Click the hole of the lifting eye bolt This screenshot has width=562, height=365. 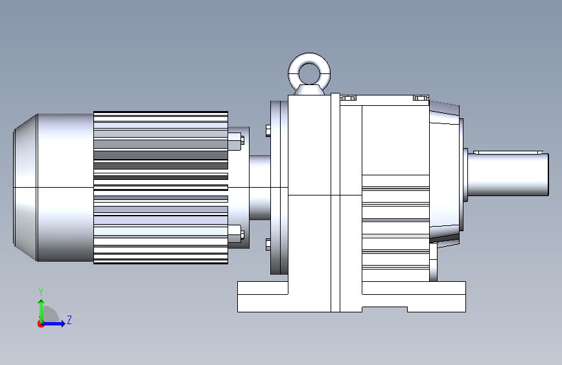309,74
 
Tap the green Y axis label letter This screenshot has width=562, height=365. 41,292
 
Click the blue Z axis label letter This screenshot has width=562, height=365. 69,320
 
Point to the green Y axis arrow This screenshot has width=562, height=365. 41,312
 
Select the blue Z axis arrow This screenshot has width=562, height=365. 53,323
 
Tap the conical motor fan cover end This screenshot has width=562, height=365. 25,188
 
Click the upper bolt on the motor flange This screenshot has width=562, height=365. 236,141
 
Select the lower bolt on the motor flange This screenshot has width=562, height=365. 236,234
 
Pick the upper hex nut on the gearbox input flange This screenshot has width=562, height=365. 268,131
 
